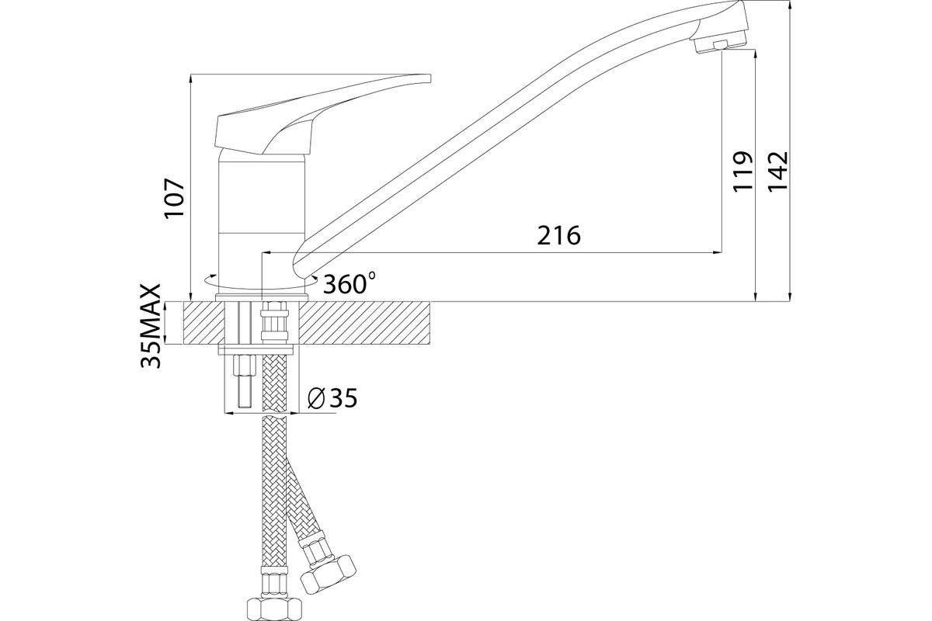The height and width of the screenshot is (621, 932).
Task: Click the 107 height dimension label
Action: [x=174, y=198]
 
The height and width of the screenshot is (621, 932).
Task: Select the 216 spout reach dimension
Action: [x=558, y=235]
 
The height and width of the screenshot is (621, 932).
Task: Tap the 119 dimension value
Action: [x=742, y=172]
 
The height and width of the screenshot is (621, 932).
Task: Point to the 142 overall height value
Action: [x=777, y=172]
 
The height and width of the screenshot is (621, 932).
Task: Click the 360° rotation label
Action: [x=349, y=283]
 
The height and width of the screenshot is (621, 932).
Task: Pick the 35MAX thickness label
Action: [x=151, y=326]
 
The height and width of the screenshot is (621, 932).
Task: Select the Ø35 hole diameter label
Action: [x=332, y=398]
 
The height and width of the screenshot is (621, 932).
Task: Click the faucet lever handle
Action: [x=323, y=115]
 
